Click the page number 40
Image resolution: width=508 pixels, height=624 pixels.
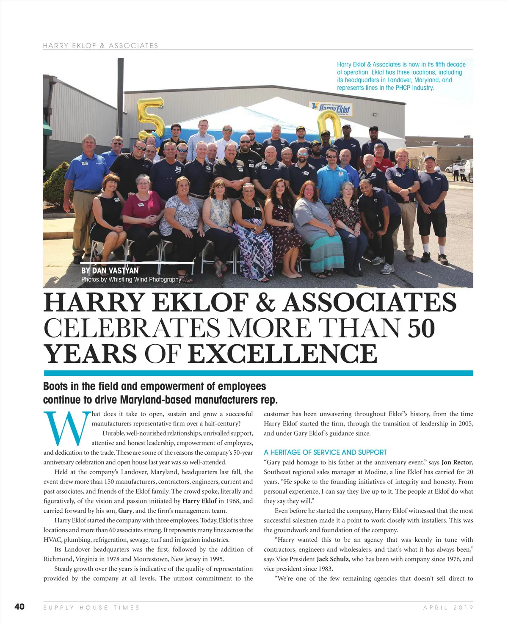19,607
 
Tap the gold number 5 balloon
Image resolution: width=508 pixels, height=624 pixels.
152,118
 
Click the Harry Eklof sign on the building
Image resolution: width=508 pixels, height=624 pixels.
331,109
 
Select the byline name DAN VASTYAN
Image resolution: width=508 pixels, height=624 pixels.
115,271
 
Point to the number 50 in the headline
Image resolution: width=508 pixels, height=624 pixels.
421,328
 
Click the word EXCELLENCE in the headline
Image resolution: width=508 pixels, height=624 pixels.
282,354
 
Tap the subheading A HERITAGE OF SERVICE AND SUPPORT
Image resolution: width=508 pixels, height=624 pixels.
325,452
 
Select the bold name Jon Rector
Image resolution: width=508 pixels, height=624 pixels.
457,462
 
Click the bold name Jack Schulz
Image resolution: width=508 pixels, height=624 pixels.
333,559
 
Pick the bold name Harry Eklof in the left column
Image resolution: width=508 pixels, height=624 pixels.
199,501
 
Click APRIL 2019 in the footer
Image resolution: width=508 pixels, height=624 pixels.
448,607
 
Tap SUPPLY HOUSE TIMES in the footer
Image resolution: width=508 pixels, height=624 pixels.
91,607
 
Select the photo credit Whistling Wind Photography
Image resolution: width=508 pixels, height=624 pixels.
145,279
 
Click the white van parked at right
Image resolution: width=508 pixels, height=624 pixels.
467,168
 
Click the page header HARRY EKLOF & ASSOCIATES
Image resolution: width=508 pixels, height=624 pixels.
101,46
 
